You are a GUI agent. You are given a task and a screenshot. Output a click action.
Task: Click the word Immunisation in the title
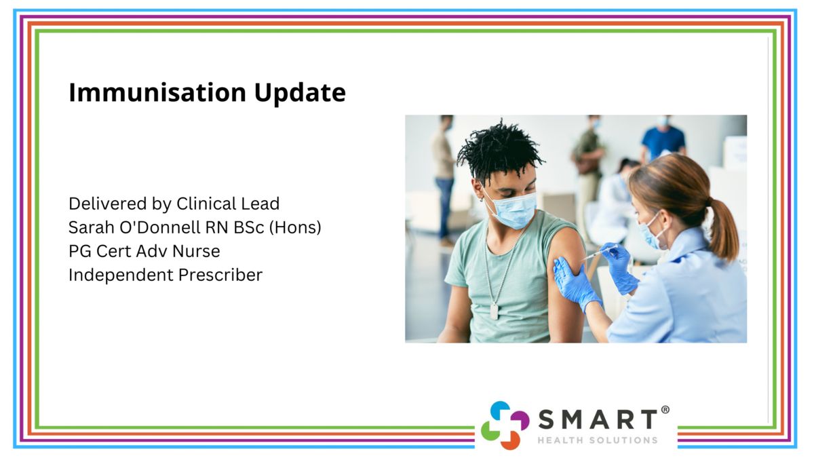tap(157, 92)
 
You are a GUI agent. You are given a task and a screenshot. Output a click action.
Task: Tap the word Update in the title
tap(300, 93)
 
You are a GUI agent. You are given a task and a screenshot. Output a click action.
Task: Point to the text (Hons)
tap(295, 228)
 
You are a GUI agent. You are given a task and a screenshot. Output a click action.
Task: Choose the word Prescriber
tap(220, 275)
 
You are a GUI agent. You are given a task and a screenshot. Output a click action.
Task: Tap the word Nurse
tap(196, 251)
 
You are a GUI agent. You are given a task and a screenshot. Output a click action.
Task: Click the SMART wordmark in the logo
tap(598, 419)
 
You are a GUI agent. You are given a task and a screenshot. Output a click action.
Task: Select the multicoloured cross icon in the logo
tap(505, 425)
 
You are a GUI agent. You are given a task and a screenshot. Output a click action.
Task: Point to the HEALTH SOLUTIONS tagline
tap(598, 440)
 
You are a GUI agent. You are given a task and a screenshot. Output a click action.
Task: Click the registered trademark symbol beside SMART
tap(665, 410)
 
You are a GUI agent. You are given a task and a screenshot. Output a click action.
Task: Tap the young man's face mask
tap(512, 208)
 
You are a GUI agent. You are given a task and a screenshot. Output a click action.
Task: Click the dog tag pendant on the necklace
tap(494, 311)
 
